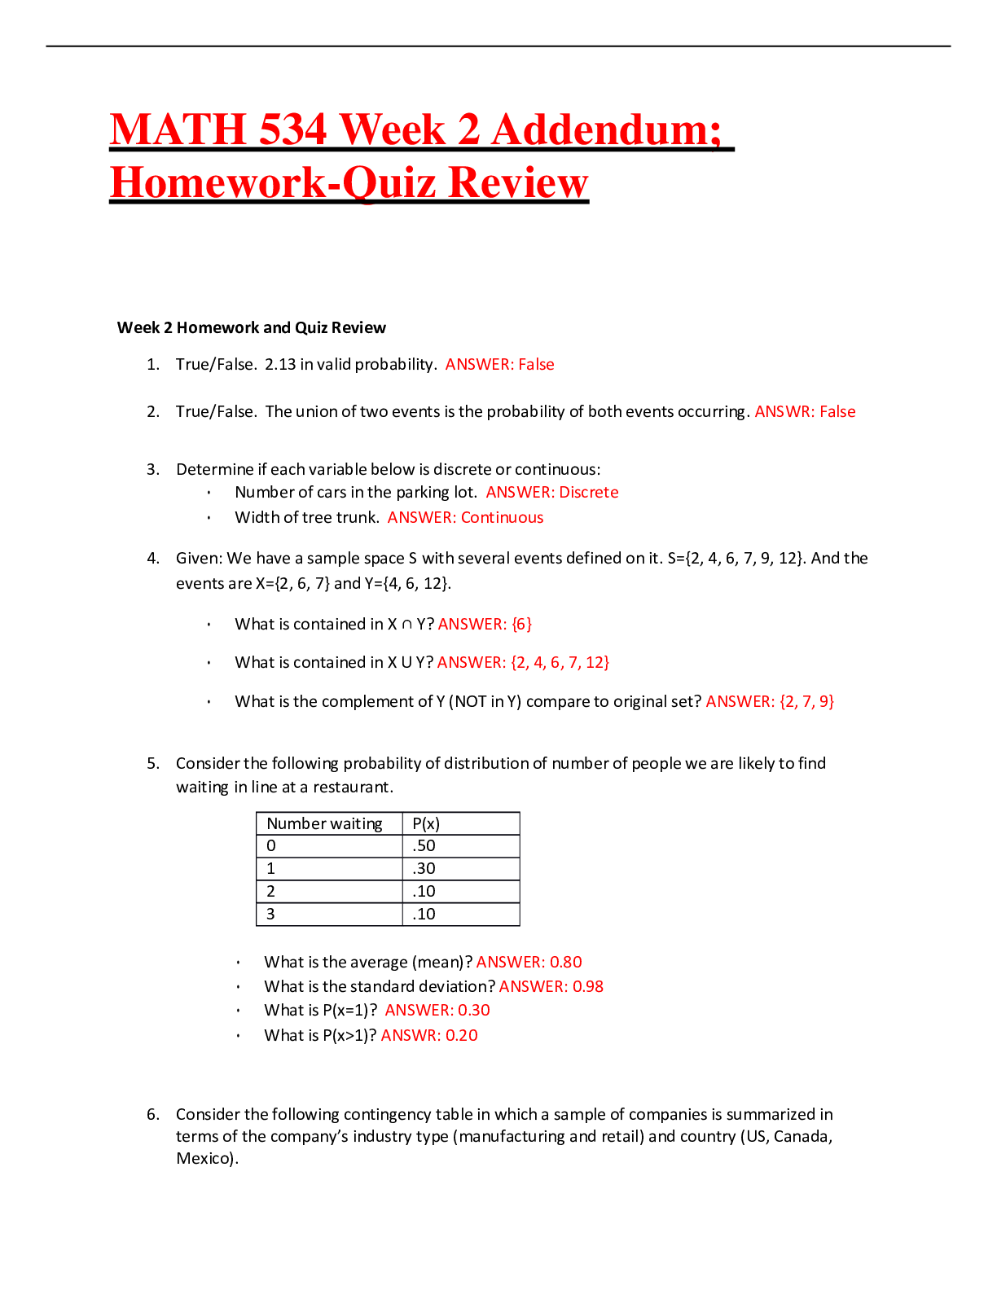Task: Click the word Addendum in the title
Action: point(606,129)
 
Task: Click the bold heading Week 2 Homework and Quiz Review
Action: point(252,327)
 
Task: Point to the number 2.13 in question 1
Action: point(280,364)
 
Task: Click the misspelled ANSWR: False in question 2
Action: point(805,411)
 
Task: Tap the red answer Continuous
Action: point(503,517)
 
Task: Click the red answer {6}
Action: point(521,624)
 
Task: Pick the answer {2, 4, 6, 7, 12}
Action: point(560,662)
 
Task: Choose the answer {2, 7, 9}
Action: point(806,701)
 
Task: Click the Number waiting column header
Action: point(324,823)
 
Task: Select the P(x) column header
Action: point(426,823)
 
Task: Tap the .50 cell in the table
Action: point(424,845)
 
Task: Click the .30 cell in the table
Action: point(424,868)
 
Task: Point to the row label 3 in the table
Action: point(270,914)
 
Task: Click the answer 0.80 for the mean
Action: point(565,962)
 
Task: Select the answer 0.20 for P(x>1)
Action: point(461,1035)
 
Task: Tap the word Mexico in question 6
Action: point(205,1158)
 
